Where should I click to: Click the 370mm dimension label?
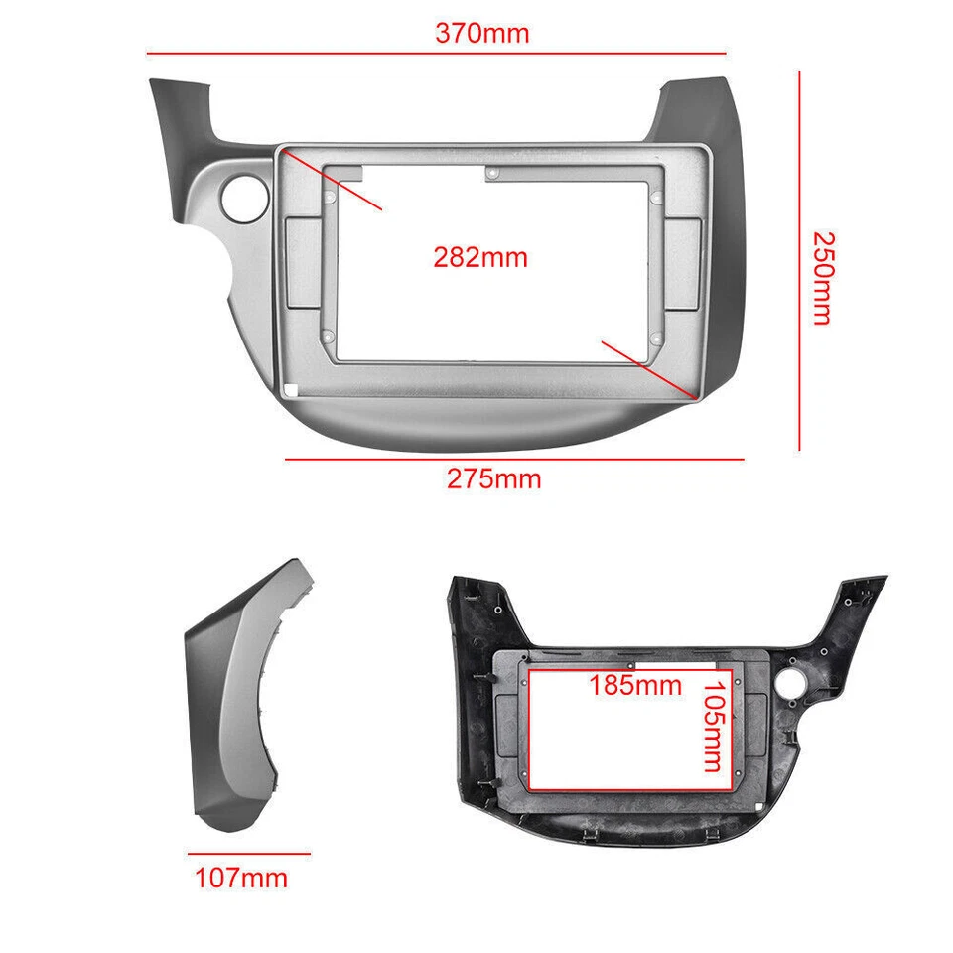482,33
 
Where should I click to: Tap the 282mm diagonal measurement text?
480,258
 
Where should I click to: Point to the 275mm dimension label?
493,479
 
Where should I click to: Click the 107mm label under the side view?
240,878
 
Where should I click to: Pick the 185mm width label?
635,685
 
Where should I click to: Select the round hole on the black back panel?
793,684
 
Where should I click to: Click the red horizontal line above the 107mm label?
248,853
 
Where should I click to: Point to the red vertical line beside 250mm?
799,258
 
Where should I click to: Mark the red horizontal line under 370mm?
437,53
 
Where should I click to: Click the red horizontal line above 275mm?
514,459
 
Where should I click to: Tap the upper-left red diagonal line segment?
332,181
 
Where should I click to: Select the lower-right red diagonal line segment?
646,368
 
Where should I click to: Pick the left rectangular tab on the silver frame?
304,262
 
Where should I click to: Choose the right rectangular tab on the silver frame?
684,262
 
